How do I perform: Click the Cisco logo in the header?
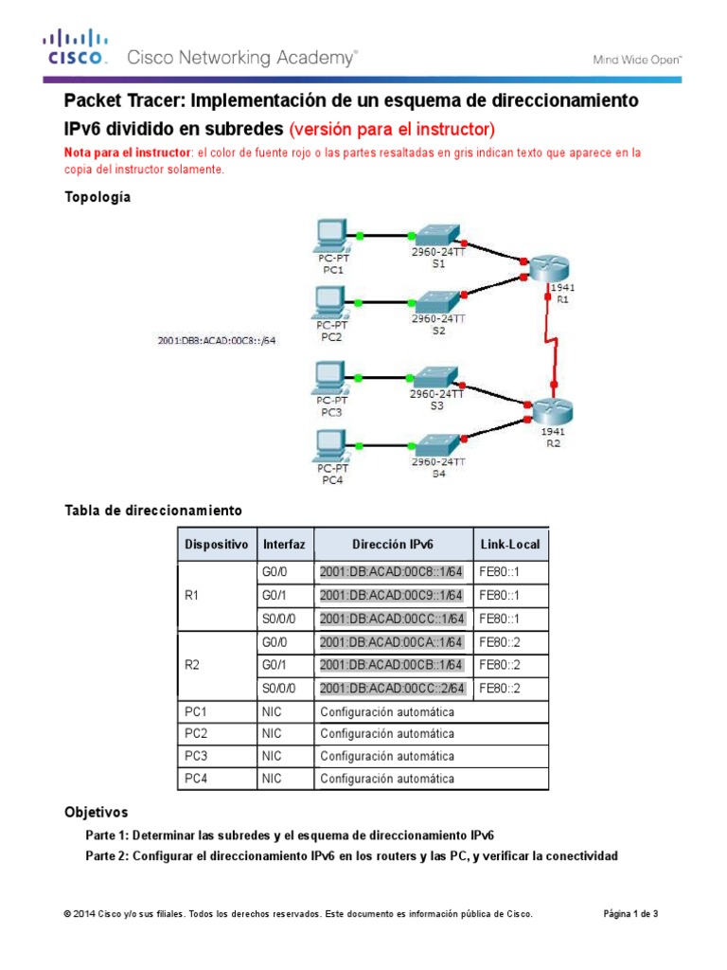click(x=73, y=47)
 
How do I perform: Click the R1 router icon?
click(x=548, y=269)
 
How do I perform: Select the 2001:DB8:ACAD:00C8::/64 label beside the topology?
click(x=217, y=338)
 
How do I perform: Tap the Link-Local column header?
click(x=509, y=546)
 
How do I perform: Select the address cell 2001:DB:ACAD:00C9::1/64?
click(x=392, y=596)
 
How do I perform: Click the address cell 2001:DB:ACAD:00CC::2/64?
click(x=392, y=688)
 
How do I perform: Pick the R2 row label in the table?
click(x=194, y=665)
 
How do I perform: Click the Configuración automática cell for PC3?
click(x=387, y=756)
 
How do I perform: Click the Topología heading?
click(x=98, y=197)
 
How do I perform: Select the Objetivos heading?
click(x=96, y=813)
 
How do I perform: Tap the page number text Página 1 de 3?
click(x=630, y=914)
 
